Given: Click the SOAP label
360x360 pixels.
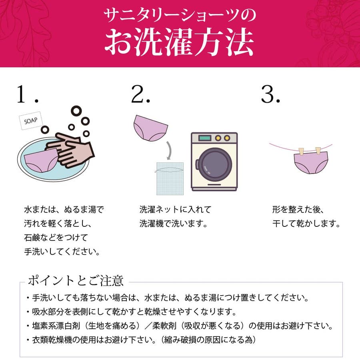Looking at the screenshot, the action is (x=31, y=121).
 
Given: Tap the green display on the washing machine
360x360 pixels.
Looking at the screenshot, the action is (x=205, y=138).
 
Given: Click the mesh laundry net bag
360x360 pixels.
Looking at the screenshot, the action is (x=170, y=179).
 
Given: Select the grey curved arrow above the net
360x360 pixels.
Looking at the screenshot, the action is (x=170, y=150).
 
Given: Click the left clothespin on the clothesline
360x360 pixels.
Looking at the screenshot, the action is (x=301, y=152).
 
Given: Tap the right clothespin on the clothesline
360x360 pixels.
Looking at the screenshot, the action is (x=318, y=151).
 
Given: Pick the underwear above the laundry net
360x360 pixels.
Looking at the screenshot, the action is (x=150, y=128).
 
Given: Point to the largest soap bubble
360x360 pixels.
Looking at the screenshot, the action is (x=76, y=111).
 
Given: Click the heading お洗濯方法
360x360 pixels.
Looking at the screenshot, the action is (x=180, y=42).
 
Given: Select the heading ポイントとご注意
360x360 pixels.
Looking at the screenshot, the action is (x=76, y=280).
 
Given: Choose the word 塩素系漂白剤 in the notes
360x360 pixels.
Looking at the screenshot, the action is (x=56, y=326).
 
